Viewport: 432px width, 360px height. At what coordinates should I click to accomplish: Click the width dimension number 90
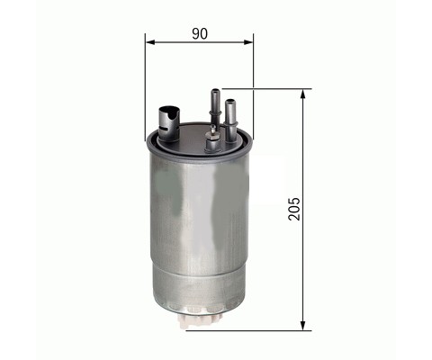click(200, 33)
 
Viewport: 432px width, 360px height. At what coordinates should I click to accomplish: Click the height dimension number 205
click(294, 209)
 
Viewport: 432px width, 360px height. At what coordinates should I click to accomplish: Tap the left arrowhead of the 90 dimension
click(149, 42)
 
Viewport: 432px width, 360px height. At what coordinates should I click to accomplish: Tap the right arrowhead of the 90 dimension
click(248, 42)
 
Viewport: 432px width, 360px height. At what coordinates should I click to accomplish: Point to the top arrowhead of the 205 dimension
click(303, 94)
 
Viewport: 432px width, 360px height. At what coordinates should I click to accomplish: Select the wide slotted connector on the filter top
click(168, 123)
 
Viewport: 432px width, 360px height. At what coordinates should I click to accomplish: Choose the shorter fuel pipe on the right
click(230, 120)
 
